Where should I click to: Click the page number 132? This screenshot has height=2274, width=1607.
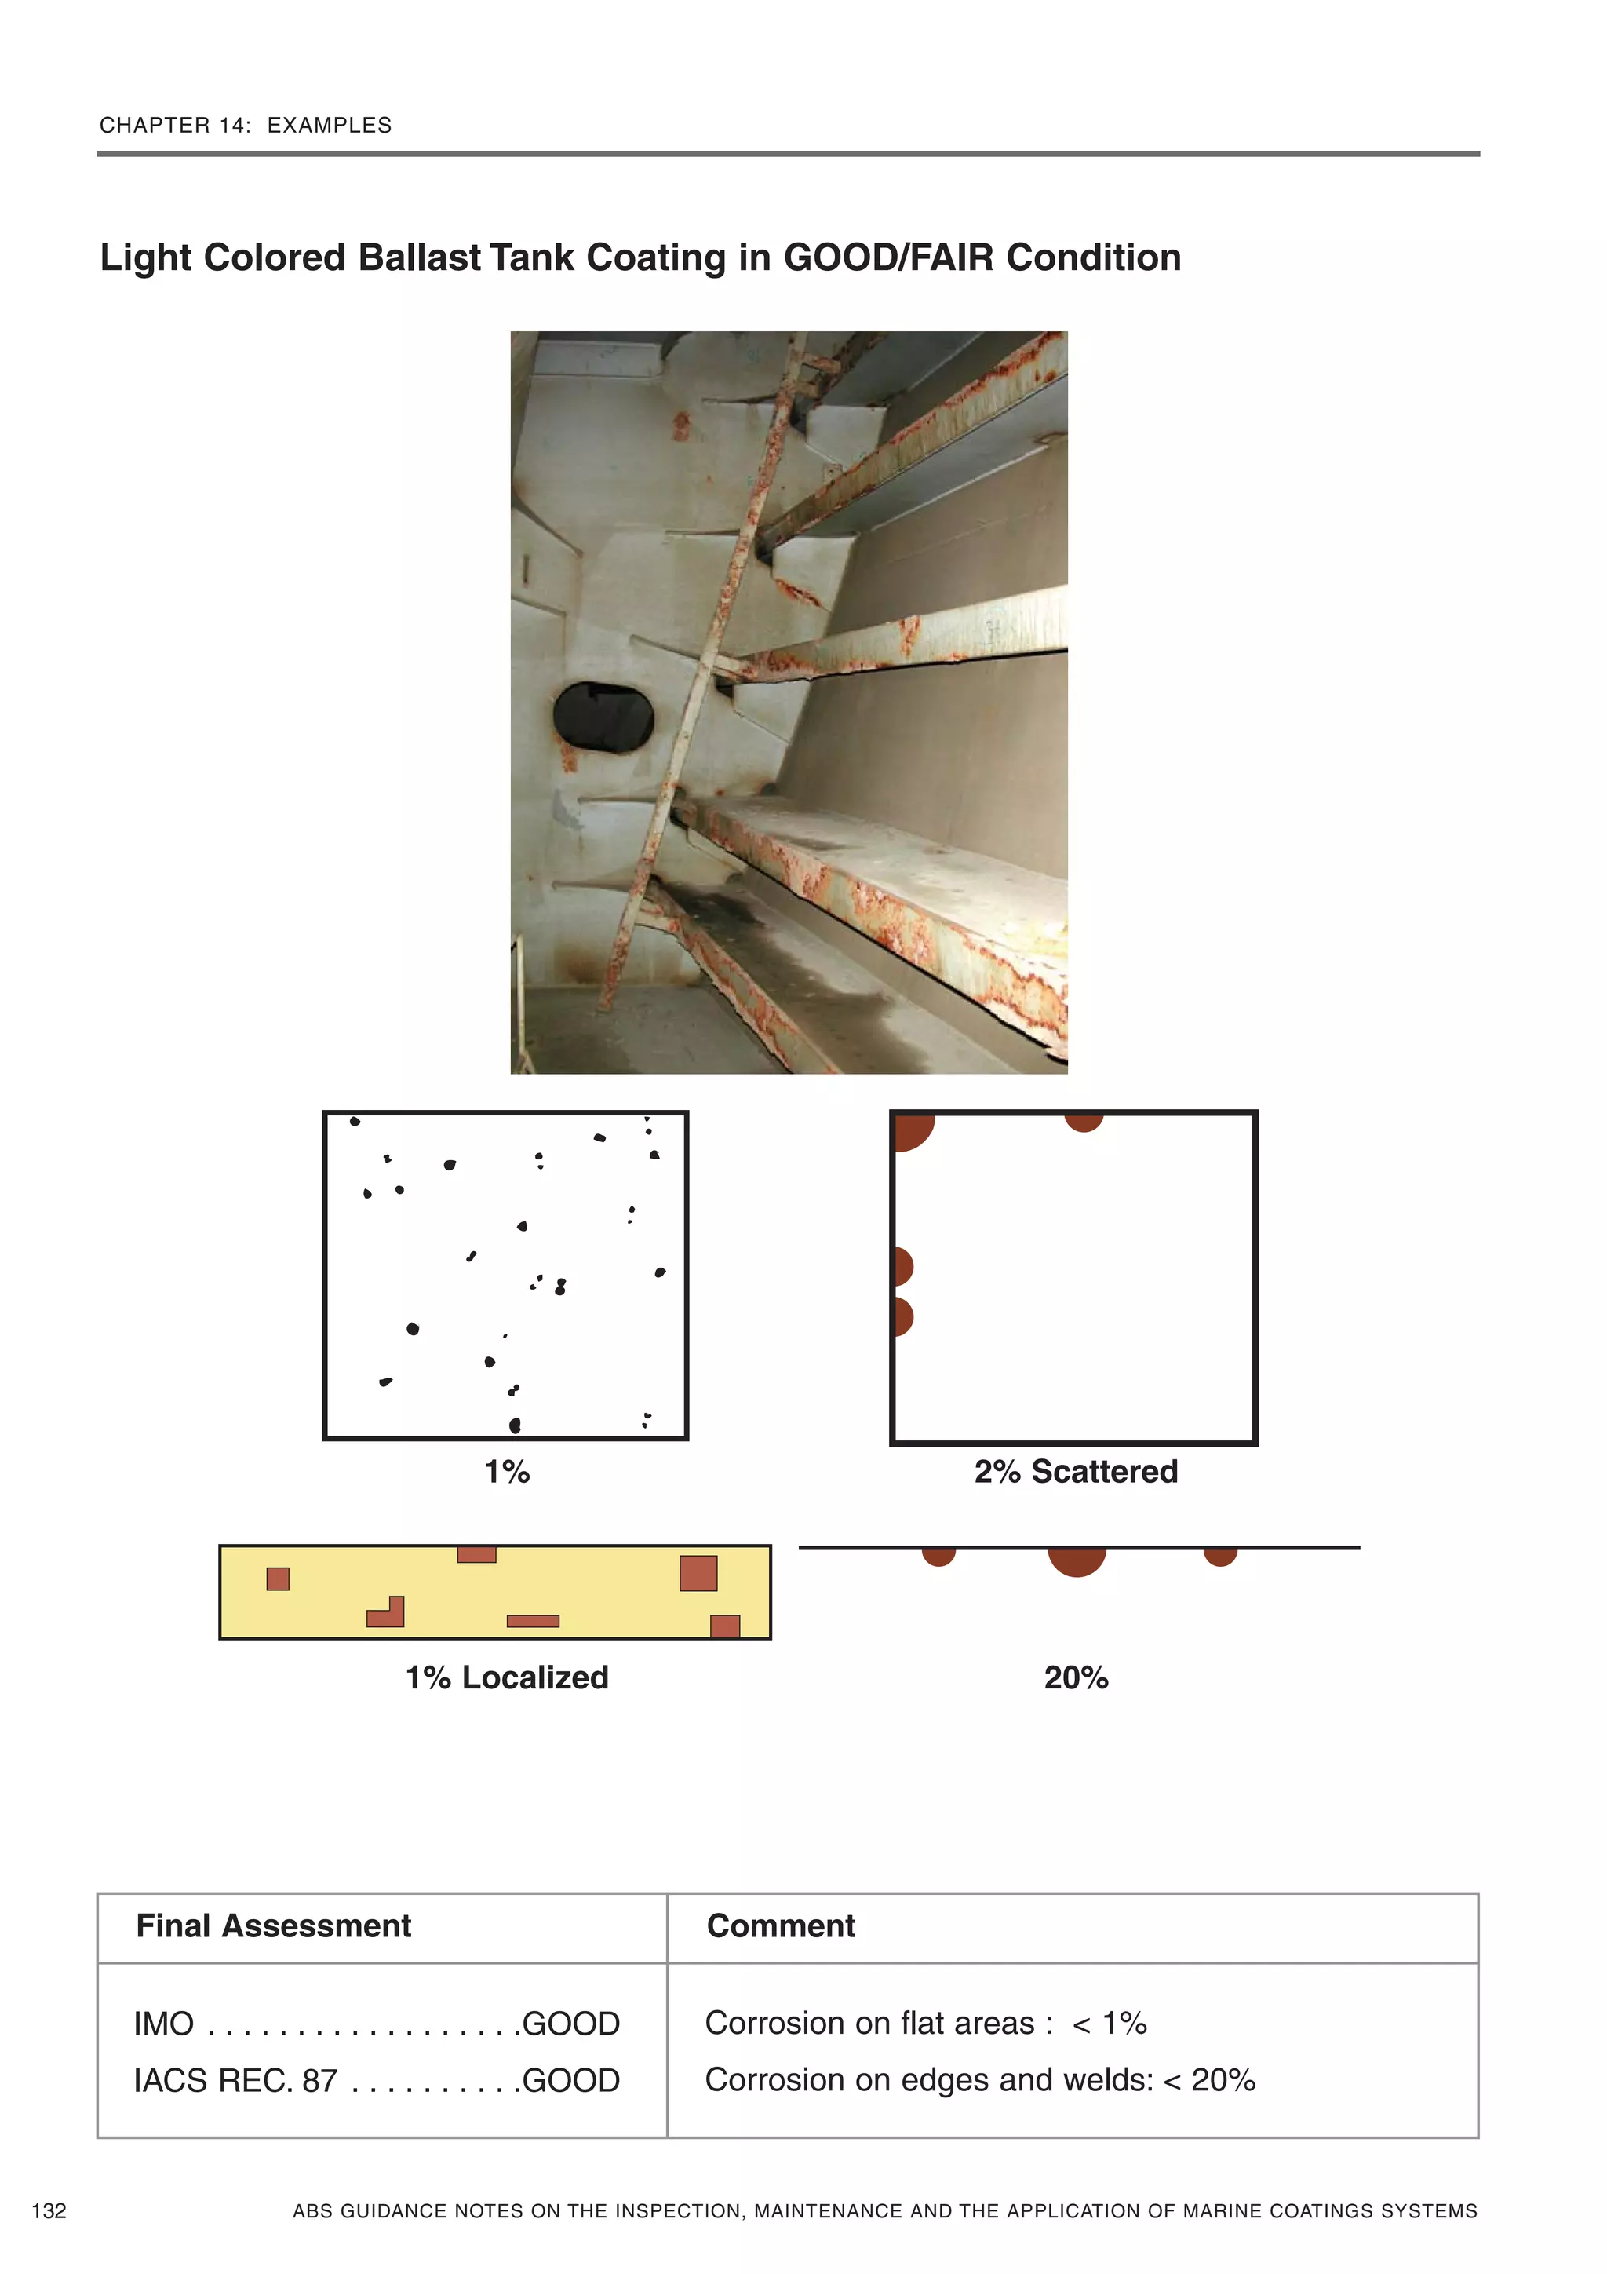(49, 2210)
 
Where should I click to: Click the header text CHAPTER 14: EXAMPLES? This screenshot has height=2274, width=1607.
(246, 125)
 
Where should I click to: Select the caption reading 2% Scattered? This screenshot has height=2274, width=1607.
(1075, 1472)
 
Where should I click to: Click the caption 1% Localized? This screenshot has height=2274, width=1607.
(507, 1677)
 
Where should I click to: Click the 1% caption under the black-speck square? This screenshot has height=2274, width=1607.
(507, 1472)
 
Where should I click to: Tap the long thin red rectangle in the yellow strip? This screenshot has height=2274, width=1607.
(533, 1622)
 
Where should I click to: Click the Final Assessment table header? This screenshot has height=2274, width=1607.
(273, 1925)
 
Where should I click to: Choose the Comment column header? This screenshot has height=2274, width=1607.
(780, 1925)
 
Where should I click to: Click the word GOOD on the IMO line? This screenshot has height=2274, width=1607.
(570, 2024)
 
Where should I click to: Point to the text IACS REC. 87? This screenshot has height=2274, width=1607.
(235, 2081)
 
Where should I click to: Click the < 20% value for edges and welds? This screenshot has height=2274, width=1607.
(1209, 2080)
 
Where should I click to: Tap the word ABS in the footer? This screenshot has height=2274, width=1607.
(312, 2210)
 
